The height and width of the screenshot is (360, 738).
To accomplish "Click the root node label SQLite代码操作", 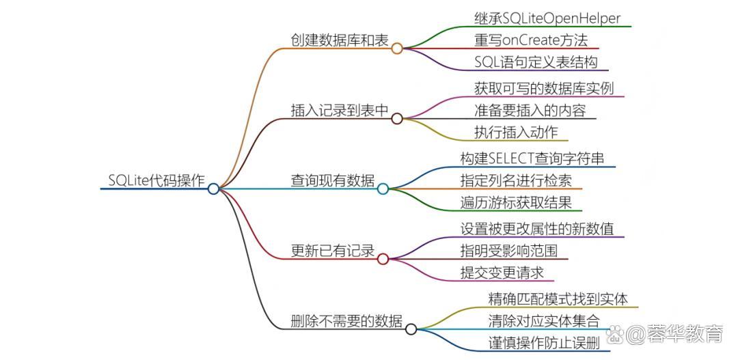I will tap(156, 180).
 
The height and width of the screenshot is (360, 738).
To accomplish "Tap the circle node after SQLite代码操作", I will tap(213, 189).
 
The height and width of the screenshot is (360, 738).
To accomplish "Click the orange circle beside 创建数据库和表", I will tap(396, 49).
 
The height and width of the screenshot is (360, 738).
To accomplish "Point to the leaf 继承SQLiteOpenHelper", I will tap(547, 18).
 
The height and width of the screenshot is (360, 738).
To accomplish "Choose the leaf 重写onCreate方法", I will tap(531, 40).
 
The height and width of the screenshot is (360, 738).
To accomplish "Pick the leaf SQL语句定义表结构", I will tap(536, 62).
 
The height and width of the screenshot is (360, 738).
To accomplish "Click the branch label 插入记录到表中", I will tap(339, 110).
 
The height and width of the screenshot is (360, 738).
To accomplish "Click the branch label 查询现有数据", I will tap(332, 180).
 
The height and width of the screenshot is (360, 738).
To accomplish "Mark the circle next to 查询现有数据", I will tap(383, 189).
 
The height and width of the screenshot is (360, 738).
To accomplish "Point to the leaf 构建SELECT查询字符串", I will tap(532, 158).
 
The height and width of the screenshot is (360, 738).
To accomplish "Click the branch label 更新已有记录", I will tap(332, 251).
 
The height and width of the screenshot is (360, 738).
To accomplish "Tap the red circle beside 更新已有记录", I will tap(383, 259).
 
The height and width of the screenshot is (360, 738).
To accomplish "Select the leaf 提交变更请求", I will tap(502, 273).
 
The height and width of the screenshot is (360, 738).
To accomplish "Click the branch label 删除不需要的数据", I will tap(346, 321).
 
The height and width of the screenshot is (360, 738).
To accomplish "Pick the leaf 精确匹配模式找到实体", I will tap(558, 299).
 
